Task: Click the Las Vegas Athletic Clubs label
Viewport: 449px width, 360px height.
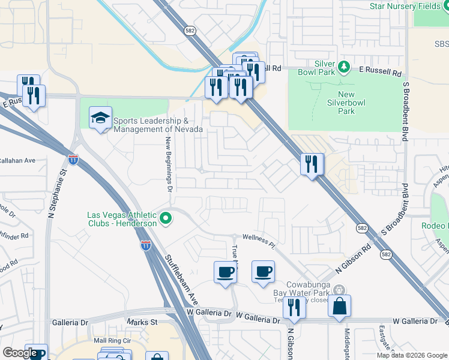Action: click(x=122, y=219)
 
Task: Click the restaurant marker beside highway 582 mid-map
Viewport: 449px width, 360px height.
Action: click(x=312, y=164)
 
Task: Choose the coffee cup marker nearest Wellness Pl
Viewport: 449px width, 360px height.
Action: click(x=262, y=271)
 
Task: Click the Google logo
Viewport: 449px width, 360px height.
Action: click(x=19, y=353)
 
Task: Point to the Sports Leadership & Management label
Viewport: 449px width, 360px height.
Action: click(x=154, y=125)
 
